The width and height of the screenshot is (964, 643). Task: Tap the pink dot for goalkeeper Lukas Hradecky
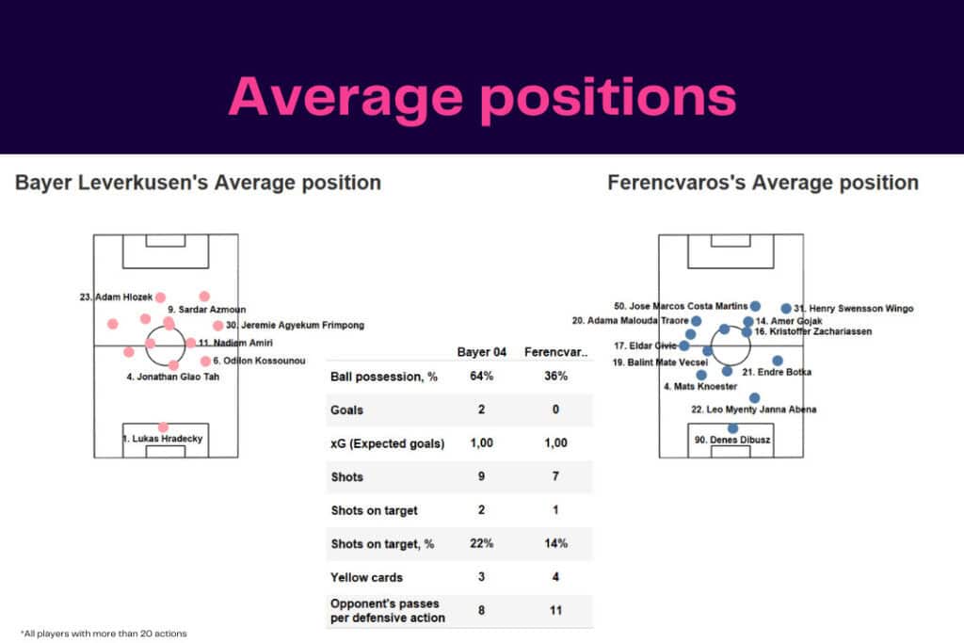164,426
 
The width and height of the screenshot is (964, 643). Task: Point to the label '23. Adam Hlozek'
116,297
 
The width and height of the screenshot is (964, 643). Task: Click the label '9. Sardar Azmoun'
207,309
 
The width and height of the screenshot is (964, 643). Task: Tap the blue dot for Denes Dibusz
733,428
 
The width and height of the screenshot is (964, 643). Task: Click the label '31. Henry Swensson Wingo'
853,308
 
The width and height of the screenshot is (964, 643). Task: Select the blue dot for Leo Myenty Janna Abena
754,398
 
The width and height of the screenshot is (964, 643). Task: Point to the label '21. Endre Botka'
777,373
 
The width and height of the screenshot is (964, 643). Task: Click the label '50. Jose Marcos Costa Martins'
681,306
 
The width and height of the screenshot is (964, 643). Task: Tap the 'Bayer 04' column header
481,352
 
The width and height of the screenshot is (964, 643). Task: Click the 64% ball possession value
481,377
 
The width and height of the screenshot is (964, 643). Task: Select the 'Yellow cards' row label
366,577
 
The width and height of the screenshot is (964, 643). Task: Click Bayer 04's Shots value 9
481,476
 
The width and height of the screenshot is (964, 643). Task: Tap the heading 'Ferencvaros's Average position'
763,183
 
